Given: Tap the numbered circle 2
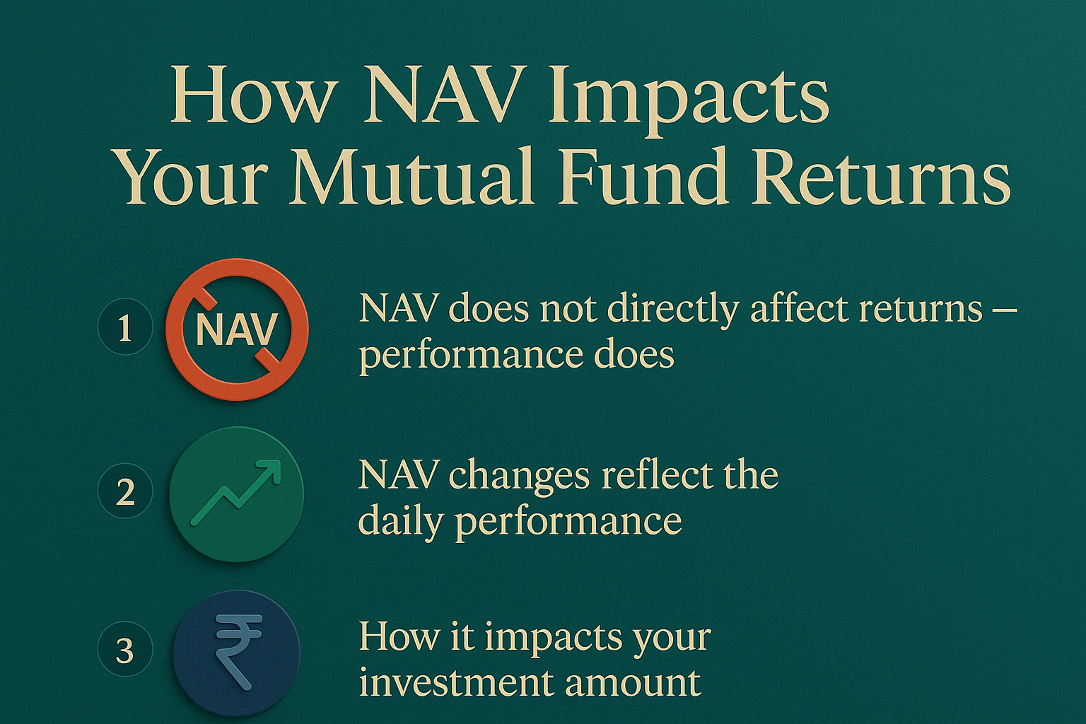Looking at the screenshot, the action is click(x=125, y=491).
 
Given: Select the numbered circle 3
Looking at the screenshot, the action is click(x=125, y=649).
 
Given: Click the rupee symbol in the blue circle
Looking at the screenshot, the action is click(x=238, y=651).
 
